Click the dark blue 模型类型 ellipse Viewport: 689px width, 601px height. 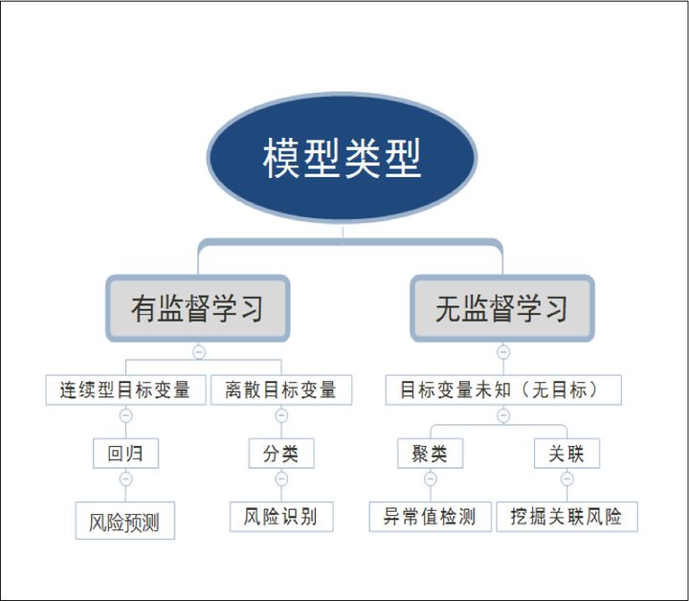point(342,159)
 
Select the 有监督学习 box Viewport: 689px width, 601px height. point(198,308)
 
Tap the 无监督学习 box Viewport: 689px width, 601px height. point(502,308)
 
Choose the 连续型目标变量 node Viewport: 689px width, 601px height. point(125,390)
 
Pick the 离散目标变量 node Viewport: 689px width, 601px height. point(281,390)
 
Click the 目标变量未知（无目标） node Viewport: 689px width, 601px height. point(503,390)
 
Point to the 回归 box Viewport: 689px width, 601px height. point(125,454)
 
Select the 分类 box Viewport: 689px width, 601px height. point(281,454)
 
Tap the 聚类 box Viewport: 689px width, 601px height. point(430,454)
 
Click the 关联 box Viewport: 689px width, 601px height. point(567,454)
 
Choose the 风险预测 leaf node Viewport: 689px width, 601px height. point(125,523)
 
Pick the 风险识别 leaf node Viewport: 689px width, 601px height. point(281,517)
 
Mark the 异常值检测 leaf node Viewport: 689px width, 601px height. point(430,517)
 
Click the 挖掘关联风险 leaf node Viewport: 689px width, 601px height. point(567,517)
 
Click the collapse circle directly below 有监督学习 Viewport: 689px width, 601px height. point(198,351)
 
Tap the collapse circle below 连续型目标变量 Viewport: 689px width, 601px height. point(125,415)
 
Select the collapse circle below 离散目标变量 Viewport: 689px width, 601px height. point(281,415)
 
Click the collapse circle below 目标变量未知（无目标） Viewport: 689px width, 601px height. point(503,415)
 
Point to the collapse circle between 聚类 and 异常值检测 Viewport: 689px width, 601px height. point(430,479)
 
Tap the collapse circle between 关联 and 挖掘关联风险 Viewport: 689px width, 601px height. point(567,479)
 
